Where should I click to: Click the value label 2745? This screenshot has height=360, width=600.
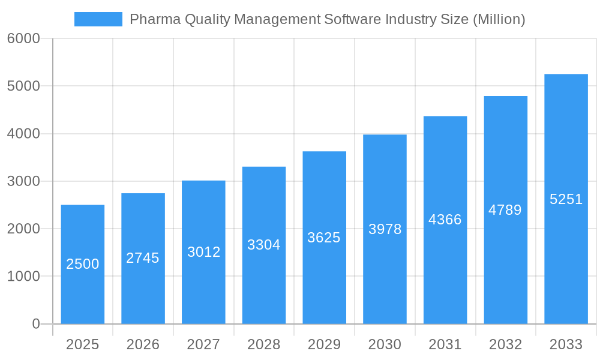click(x=143, y=258)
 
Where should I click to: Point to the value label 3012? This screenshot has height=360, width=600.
click(x=203, y=252)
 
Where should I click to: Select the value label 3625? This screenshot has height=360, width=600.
click(x=324, y=238)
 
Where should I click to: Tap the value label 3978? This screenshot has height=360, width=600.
click(x=385, y=229)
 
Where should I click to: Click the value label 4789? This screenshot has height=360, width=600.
click(x=505, y=210)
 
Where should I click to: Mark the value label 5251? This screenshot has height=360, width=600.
click(x=566, y=199)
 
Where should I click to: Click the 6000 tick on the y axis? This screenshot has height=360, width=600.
click(x=23, y=38)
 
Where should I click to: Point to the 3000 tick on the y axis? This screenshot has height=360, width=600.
click(x=23, y=181)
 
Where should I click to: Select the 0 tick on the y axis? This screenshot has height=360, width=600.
click(x=35, y=324)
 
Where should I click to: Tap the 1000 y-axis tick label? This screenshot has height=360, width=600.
click(x=23, y=277)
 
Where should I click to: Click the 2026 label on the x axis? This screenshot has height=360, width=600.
click(x=143, y=344)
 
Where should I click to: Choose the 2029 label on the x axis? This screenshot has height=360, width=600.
click(x=324, y=344)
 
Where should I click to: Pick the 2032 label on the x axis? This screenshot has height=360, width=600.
click(x=505, y=344)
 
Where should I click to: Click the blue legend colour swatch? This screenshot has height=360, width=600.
click(x=98, y=19)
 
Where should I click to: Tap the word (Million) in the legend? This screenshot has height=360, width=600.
click(x=499, y=19)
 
